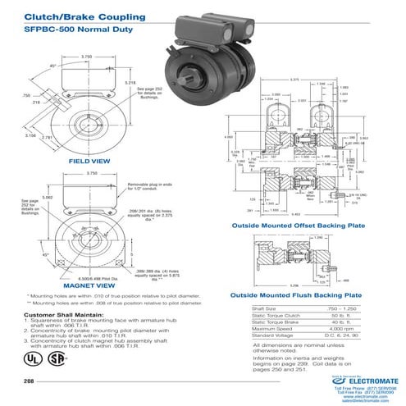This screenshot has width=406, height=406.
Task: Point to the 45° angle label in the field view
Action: [x=52, y=66]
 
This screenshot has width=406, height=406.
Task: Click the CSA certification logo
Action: [x=55, y=358]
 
